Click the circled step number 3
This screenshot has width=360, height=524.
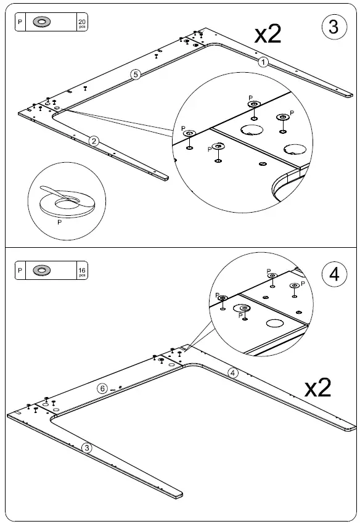(x=333, y=27)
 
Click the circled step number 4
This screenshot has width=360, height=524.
(x=334, y=274)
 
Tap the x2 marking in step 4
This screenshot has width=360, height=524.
(x=318, y=387)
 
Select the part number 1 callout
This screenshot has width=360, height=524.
(x=263, y=62)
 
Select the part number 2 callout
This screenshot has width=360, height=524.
(x=94, y=141)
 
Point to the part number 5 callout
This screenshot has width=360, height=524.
(x=136, y=75)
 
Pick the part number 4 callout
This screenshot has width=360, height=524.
(x=232, y=372)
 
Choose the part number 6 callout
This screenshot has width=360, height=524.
(x=103, y=388)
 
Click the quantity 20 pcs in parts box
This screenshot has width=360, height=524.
(x=82, y=23)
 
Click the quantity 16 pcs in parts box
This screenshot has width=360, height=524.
(x=82, y=271)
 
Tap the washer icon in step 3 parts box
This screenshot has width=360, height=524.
(x=43, y=22)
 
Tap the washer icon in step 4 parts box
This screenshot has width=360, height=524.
(x=43, y=270)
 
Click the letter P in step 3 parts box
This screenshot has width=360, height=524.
(x=20, y=22)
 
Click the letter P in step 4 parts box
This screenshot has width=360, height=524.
(x=20, y=270)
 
